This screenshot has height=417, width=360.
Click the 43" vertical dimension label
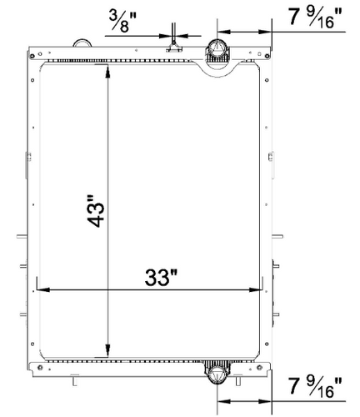(x=98, y=212)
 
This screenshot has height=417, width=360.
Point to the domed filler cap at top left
(x=81, y=42)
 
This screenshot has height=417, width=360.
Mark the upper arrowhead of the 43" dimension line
(x=107, y=73)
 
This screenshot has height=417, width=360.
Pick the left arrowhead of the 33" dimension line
(x=37, y=290)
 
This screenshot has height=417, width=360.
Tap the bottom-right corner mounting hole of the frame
(x=267, y=367)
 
